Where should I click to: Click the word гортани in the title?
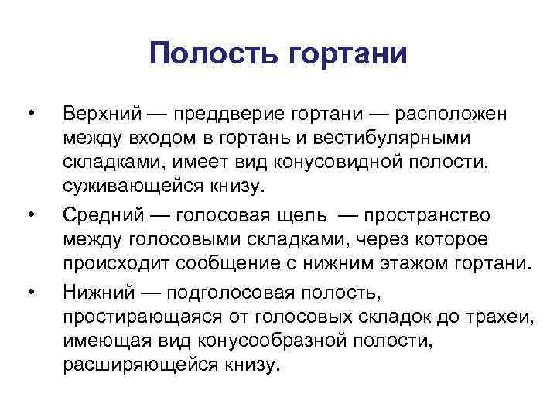(x=347, y=56)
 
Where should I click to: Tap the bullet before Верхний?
(x=30, y=115)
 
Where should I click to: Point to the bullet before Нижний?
(x=30, y=292)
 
